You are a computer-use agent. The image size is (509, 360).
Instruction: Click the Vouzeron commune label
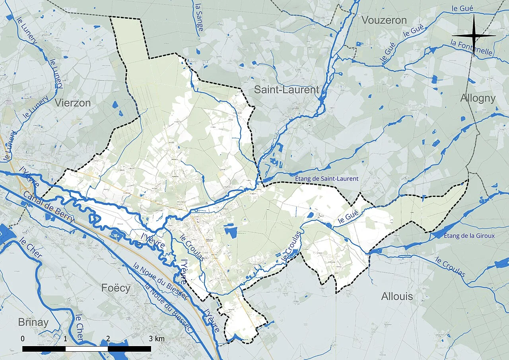(x=384, y=20)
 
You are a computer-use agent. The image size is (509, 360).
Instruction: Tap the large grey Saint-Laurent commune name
(x=286, y=90)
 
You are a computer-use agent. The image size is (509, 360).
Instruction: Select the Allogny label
(x=478, y=98)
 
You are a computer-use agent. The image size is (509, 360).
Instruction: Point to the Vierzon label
(x=73, y=103)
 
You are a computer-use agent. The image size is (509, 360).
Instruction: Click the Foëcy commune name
(x=116, y=288)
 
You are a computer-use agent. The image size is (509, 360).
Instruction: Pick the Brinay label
(x=33, y=322)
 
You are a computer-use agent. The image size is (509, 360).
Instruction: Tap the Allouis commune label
(x=397, y=296)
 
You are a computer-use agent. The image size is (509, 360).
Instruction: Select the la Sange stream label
(x=198, y=15)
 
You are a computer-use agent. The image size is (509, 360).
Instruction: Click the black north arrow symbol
(x=474, y=35)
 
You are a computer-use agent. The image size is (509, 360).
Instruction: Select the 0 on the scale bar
(x=23, y=339)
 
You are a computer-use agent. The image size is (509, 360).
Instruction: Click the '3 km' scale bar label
(x=156, y=339)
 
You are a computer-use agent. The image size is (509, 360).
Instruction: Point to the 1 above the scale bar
(x=65, y=339)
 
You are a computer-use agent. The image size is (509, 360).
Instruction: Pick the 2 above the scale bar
(x=108, y=339)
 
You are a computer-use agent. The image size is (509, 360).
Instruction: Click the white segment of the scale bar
(x=86, y=349)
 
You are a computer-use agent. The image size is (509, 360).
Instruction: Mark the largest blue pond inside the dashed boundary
(x=230, y=231)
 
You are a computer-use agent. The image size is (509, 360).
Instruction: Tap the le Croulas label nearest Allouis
(x=451, y=267)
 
